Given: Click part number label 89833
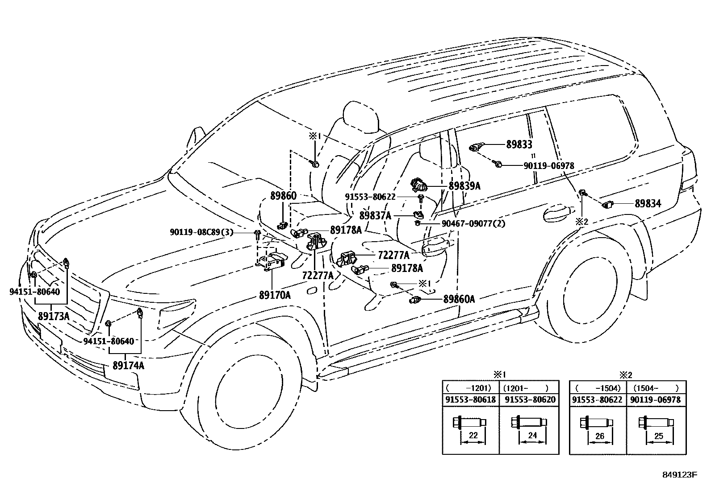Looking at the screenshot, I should click(x=519, y=144).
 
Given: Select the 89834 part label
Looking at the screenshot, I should click(x=648, y=204).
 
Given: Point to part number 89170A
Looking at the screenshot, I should click(x=275, y=295).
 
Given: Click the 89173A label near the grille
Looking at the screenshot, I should click(x=54, y=316).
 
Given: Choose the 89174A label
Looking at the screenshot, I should click(x=129, y=366).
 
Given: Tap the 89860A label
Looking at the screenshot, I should click(x=459, y=299).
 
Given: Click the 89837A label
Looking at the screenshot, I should click(x=375, y=216).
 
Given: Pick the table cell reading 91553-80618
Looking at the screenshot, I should click(x=470, y=399).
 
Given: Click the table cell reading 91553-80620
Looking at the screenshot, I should click(x=529, y=399).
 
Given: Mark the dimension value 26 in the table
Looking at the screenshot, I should click(x=599, y=436).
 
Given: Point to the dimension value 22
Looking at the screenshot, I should click(x=473, y=436).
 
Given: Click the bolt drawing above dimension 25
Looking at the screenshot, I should click(x=655, y=422).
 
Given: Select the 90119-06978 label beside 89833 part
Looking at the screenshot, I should click(x=548, y=166).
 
